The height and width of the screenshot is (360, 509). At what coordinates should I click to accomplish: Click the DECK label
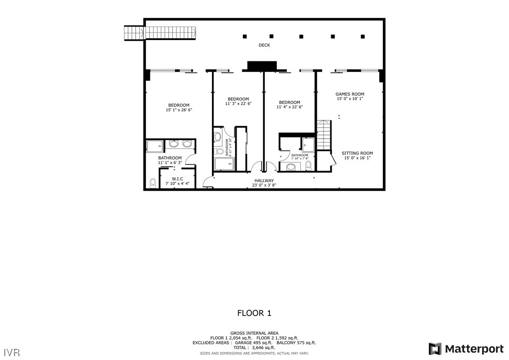[x=264, y=45]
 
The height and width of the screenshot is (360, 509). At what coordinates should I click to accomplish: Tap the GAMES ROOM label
[x=350, y=94]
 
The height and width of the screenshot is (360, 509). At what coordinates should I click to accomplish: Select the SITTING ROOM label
[x=357, y=153]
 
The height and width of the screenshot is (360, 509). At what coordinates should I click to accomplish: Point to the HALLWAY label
[x=264, y=181]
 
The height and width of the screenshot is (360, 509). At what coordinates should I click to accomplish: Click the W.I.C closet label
[x=177, y=178]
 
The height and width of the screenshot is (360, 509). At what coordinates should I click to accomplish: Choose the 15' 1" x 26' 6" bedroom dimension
[x=179, y=110]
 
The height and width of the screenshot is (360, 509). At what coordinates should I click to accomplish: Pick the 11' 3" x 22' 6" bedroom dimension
[x=238, y=104]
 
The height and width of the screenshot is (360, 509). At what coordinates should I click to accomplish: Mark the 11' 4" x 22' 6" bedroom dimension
[x=289, y=107]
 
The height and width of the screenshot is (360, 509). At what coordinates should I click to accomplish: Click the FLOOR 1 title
[x=254, y=313]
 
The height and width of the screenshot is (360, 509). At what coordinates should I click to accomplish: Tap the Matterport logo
[x=466, y=349]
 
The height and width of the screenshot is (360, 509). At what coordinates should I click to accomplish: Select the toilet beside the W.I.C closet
[x=153, y=183]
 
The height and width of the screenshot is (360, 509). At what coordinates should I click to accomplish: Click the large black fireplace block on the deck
[x=262, y=66]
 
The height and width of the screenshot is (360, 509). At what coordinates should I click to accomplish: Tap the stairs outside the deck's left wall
[x=134, y=33]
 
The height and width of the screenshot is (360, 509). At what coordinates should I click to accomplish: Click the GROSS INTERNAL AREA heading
[x=254, y=333]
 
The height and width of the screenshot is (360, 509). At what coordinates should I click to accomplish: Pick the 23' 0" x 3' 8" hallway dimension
[x=264, y=185]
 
